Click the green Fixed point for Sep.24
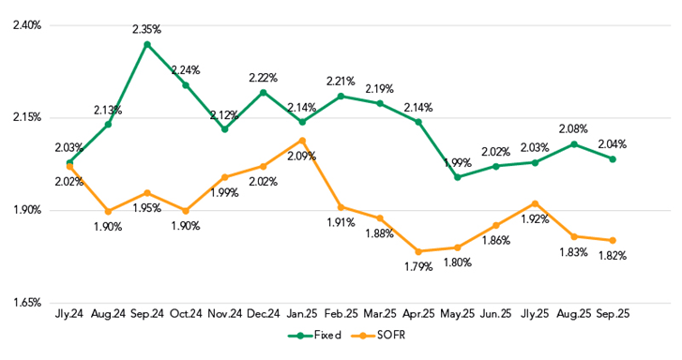[x=147, y=44]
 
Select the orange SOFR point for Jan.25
[x=302, y=140]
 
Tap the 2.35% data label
[x=147, y=29]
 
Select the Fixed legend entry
[x=318, y=335]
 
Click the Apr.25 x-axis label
[x=418, y=313]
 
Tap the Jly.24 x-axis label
[x=69, y=313]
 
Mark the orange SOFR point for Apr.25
[x=418, y=251]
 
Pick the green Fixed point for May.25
[x=457, y=177]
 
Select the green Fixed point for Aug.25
[x=573, y=144]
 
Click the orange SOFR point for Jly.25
[x=535, y=203]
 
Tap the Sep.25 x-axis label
[x=612, y=313]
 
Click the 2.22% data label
[x=264, y=77]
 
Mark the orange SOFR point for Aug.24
[x=108, y=211]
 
